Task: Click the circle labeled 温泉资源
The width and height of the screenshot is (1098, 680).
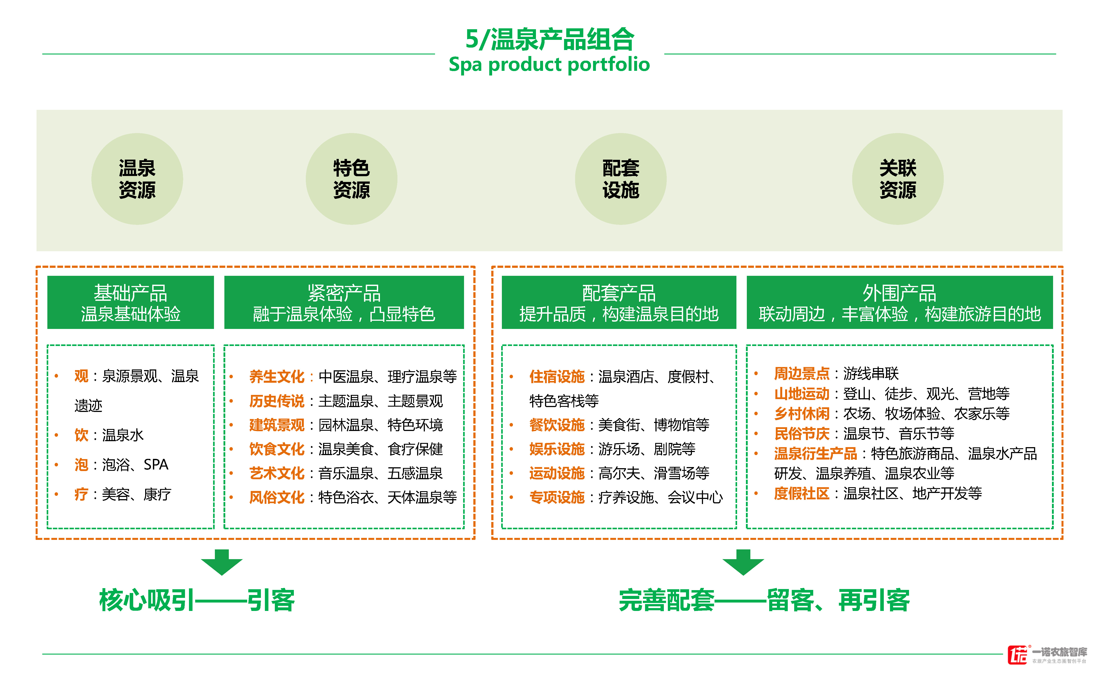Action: tap(137, 179)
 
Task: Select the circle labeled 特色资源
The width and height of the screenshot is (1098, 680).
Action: tap(351, 179)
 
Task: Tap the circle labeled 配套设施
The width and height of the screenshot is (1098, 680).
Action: tap(621, 179)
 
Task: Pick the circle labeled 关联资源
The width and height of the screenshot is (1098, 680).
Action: tap(898, 179)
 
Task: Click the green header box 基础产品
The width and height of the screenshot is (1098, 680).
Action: tap(130, 302)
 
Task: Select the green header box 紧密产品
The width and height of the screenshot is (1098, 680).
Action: tap(344, 302)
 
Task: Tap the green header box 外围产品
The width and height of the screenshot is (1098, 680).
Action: tap(899, 302)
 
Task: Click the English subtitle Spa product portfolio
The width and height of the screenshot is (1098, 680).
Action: tap(549, 64)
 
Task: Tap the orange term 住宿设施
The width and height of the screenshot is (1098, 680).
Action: tap(557, 377)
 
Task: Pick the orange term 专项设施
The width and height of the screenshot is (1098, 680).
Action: tap(557, 497)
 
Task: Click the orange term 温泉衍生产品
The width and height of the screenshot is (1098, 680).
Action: tap(815, 453)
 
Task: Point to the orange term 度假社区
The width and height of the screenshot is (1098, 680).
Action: tap(801, 493)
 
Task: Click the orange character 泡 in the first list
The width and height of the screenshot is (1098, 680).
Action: tap(81, 465)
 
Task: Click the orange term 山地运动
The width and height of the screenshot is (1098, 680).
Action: tap(801, 394)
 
